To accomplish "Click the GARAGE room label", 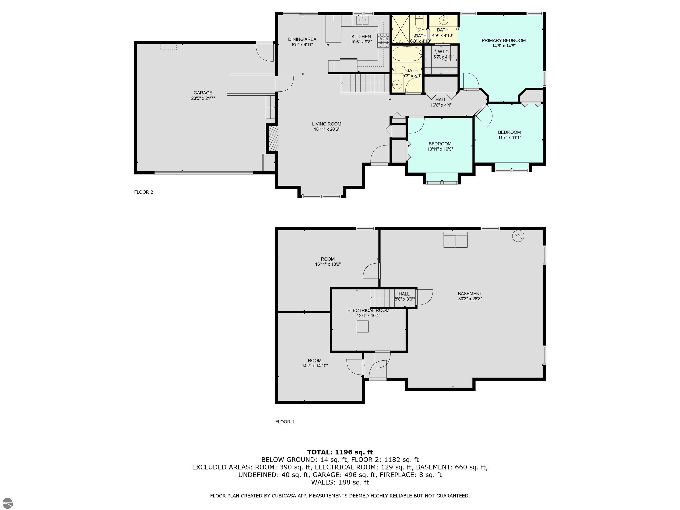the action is pyautogui.click(x=203, y=93).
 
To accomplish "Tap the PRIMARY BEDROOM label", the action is pyautogui.click(x=504, y=41).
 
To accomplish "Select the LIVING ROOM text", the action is pyautogui.click(x=326, y=124).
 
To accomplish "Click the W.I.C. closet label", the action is pyautogui.click(x=444, y=52).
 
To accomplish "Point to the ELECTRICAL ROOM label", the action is pyautogui.click(x=368, y=311).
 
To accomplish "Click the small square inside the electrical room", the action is pyautogui.click(x=362, y=326).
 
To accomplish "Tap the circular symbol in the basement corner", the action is pyautogui.click(x=518, y=236).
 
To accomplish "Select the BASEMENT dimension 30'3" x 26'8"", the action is pyautogui.click(x=470, y=299).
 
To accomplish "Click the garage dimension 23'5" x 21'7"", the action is pyautogui.click(x=203, y=98).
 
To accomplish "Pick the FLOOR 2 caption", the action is pyautogui.click(x=144, y=192).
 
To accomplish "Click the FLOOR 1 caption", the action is pyautogui.click(x=285, y=422).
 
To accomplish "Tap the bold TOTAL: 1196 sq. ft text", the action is pyautogui.click(x=340, y=452).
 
